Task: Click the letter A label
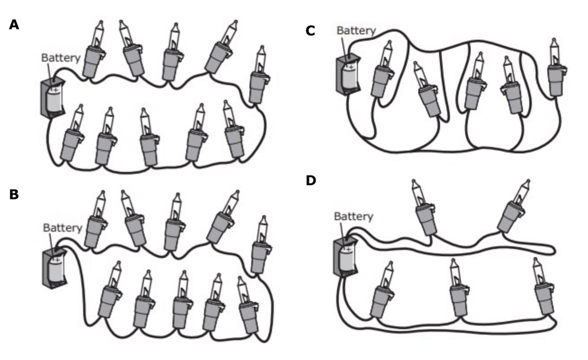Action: pyautogui.click(x=14, y=25)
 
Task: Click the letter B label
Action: pyautogui.click(x=14, y=194)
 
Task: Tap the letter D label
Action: pyautogui.click(x=312, y=181)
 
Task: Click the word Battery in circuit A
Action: pyautogui.click(x=61, y=58)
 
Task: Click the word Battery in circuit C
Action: pyautogui.click(x=356, y=30)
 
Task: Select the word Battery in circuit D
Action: pyautogui.click(x=353, y=216)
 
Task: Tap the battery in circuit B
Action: pyautogui.click(x=54, y=268)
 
